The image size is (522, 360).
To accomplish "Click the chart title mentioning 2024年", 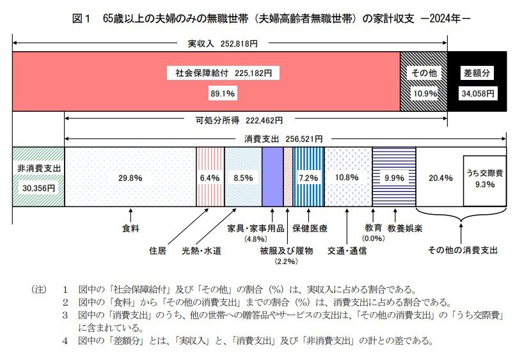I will point(272,20).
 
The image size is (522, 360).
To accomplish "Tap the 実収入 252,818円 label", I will point(223,45).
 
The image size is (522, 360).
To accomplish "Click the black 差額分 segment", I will point(477,82).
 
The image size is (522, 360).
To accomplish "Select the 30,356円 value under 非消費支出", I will point(38,188).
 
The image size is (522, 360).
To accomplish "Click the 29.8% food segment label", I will point(130,178).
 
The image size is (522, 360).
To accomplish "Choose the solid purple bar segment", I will point(272,177).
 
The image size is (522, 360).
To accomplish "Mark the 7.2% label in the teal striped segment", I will point(309,178).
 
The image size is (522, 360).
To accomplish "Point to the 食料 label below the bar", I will point(130,228).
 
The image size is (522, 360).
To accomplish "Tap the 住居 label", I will point(157,251).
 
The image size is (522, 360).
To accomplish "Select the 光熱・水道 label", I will point(202,251).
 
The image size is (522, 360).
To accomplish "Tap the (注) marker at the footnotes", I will point(39,289).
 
